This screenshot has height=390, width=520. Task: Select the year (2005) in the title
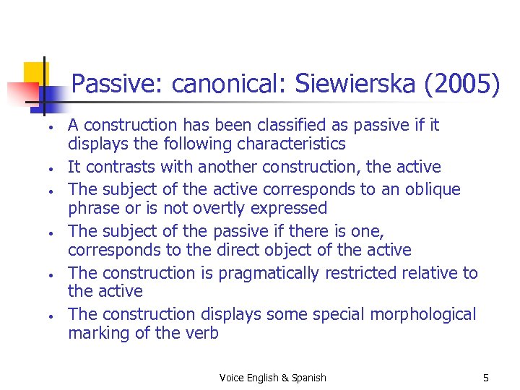tap(461, 85)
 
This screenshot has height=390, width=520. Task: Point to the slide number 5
tap(486, 378)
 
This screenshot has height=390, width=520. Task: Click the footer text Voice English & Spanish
tap(273, 378)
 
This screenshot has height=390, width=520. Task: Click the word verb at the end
tap(201, 333)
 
